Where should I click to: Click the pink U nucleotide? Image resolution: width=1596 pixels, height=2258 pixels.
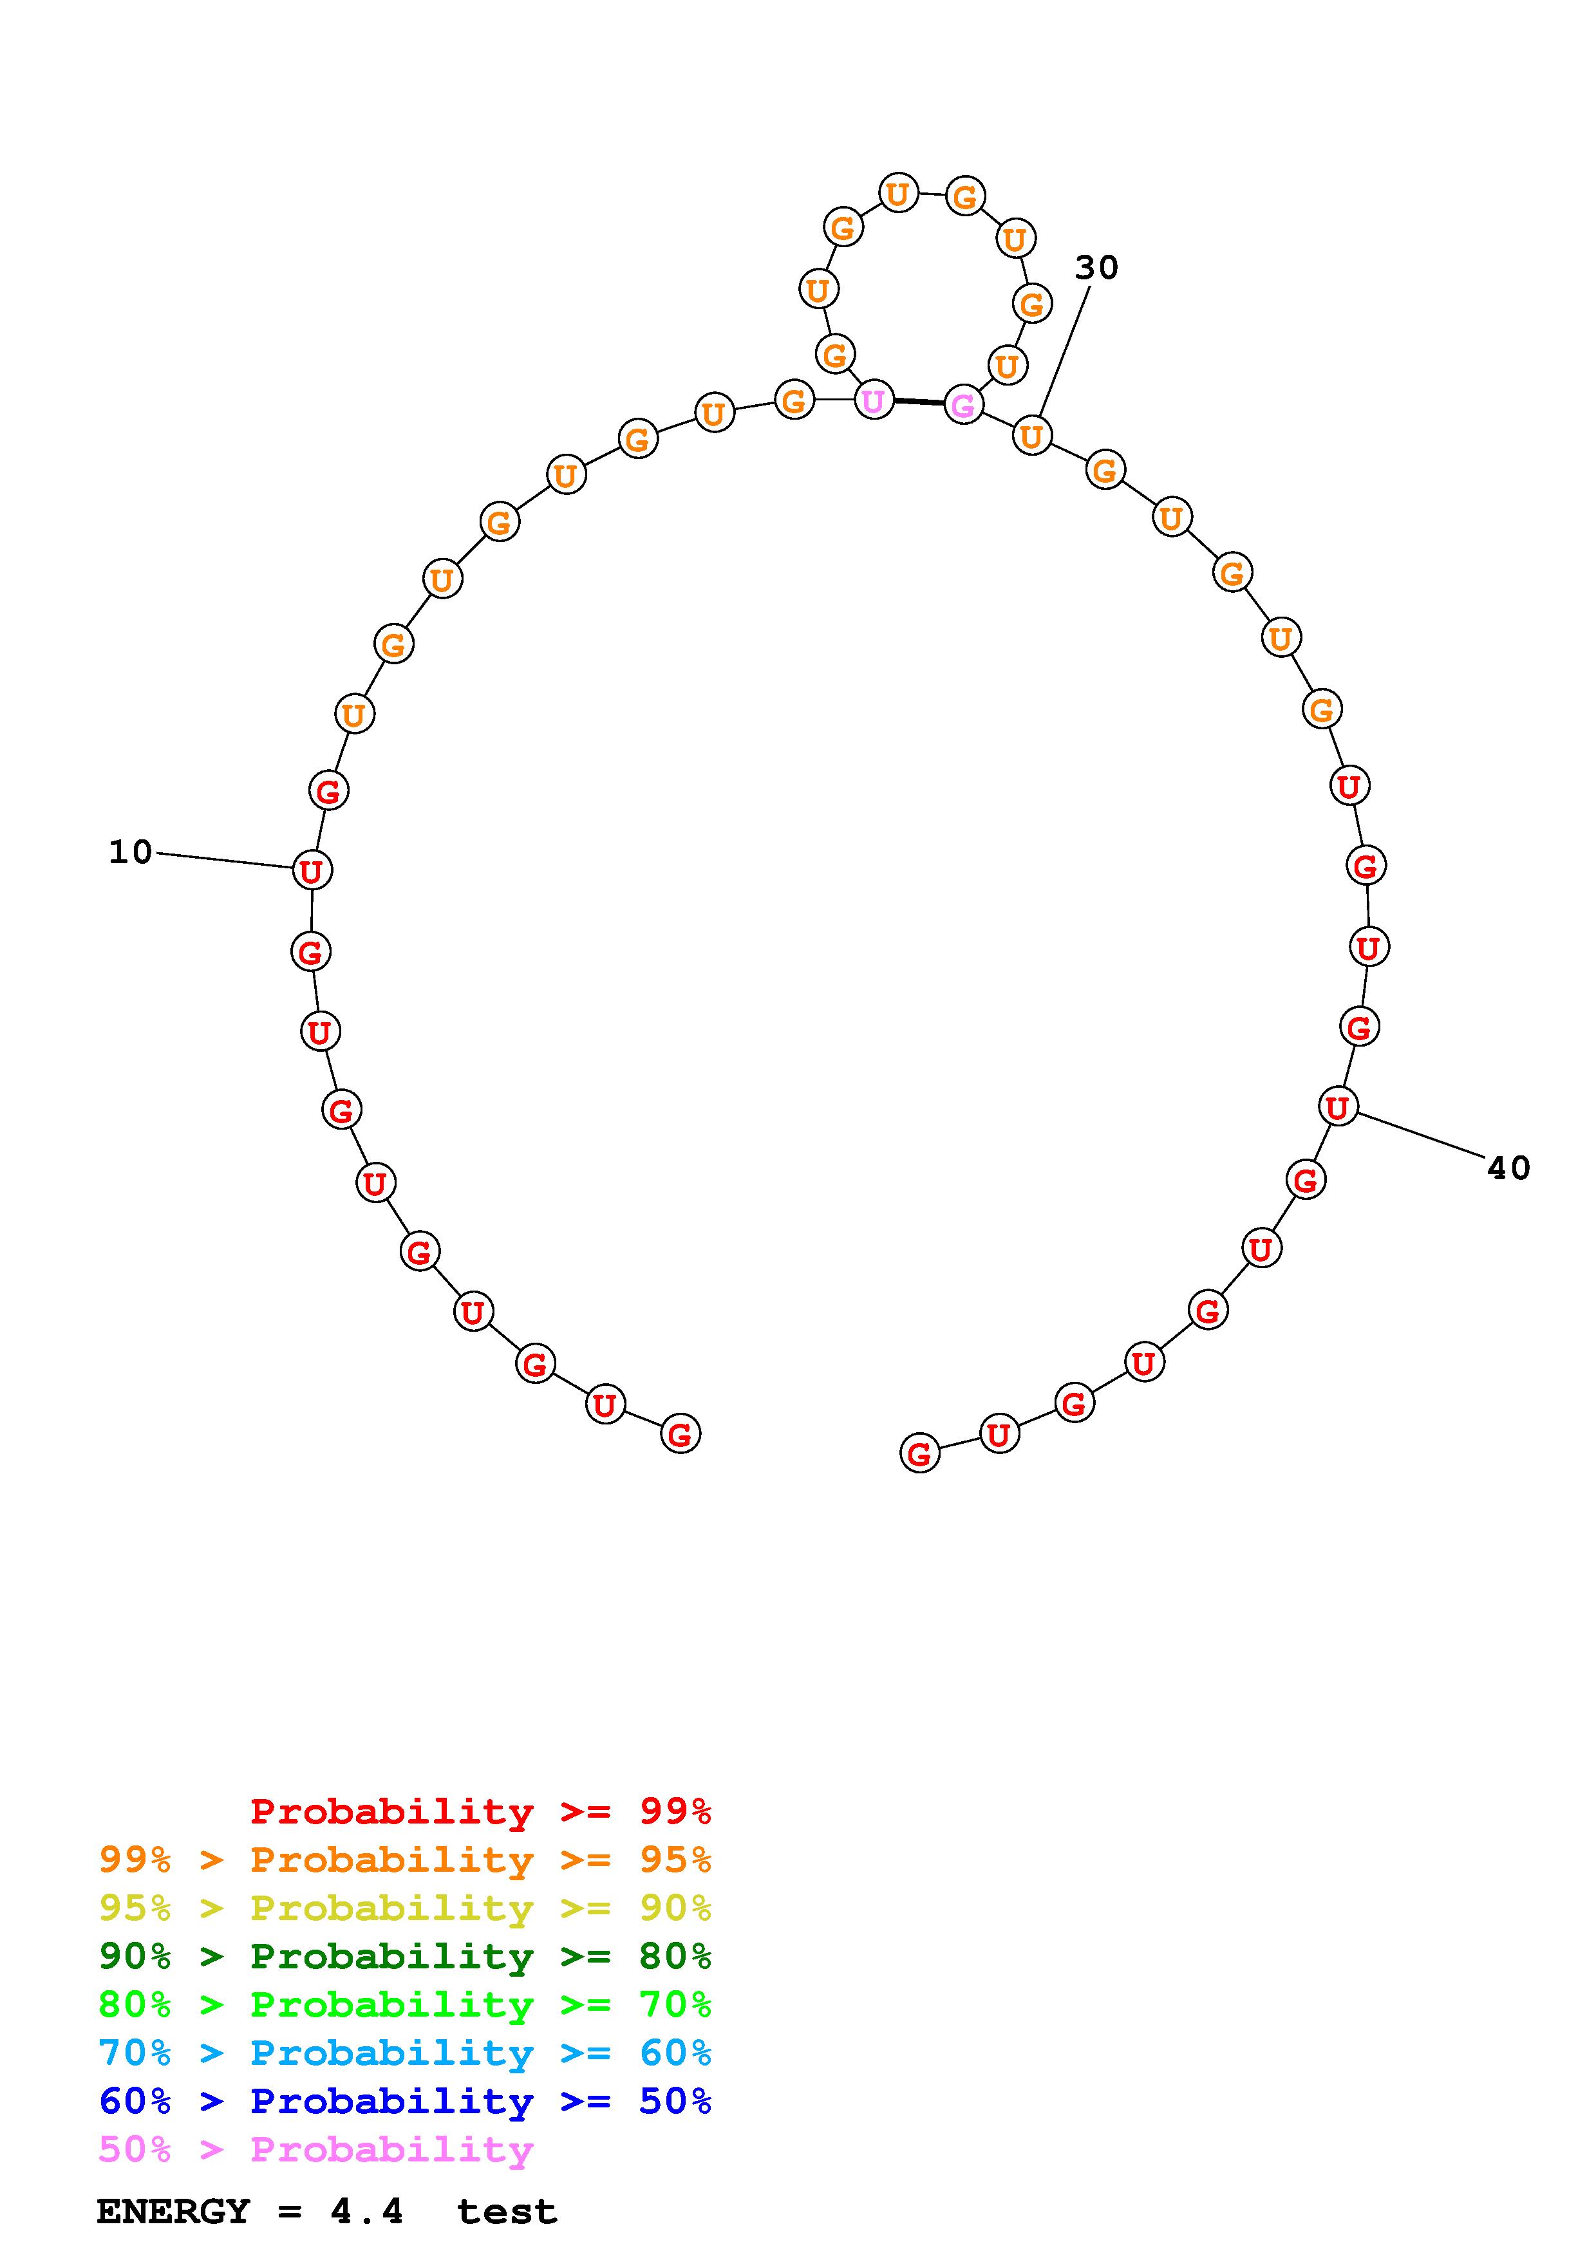click(873, 400)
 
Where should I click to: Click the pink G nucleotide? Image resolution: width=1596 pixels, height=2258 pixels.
click(962, 404)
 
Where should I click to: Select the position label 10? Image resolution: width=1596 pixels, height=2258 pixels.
click(131, 852)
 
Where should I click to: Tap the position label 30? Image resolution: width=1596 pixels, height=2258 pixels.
click(1096, 268)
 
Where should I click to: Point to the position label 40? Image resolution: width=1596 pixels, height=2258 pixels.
click(1508, 1168)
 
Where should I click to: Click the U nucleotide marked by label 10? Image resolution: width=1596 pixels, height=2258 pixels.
click(312, 870)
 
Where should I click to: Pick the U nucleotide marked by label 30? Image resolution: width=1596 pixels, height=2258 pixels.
click(1031, 436)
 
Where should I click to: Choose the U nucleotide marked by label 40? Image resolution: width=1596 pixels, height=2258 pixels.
click(1337, 1107)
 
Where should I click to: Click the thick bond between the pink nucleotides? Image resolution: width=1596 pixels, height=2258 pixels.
click(919, 402)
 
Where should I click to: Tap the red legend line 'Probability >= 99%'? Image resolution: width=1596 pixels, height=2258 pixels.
click(481, 1811)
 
